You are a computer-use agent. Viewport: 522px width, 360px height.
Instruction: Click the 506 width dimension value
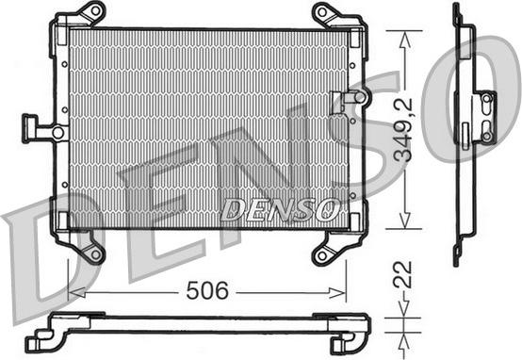[208, 290]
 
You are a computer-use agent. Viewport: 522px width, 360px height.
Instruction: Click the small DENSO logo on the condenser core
[281, 210]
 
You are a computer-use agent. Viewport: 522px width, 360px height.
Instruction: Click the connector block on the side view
[484, 117]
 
